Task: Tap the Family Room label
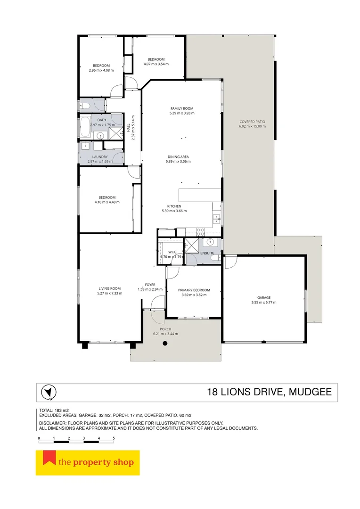pyautogui.click(x=182, y=108)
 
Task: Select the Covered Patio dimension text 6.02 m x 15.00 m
pyautogui.click(x=252, y=126)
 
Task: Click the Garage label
pyautogui.click(x=263, y=298)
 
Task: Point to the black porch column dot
pyautogui.click(x=165, y=344)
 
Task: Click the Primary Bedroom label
pyautogui.click(x=194, y=290)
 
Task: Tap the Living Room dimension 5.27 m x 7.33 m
pyautogui.click(x=109, y=293)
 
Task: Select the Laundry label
pyautogui.click(x=100, y=157)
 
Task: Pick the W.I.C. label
pyautogui.click(x=172, y=252)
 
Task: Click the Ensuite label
pyautogui.click(x=207, y=253)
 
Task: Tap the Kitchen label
pyautogui.click(x=174, y=206)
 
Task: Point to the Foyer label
pyautogui.click(x=150, y=285)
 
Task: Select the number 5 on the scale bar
pyautogui.click(x=114, y=438)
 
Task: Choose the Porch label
pyautogui.click(x=165, y=329)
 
